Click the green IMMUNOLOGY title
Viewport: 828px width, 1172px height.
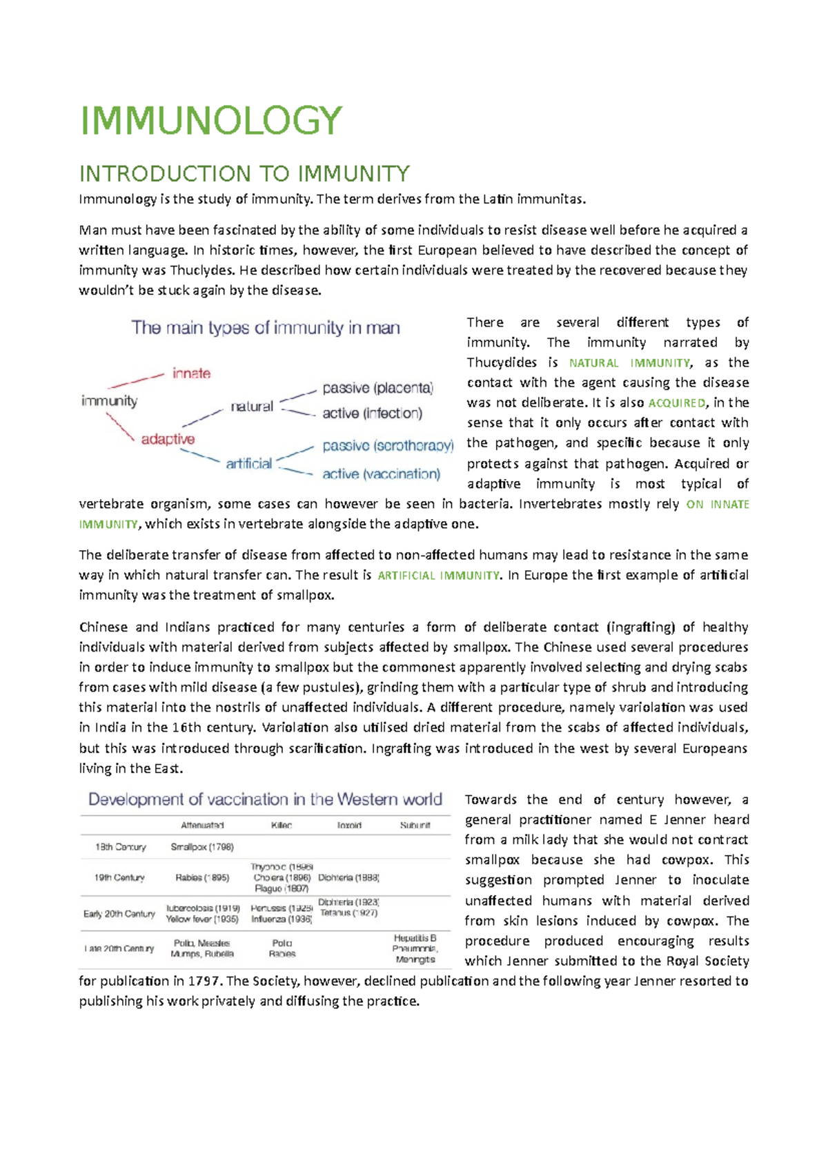click(211, 121)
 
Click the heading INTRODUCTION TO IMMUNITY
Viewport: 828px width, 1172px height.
click(244, 173)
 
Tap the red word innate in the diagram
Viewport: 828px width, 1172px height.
click(191, 373)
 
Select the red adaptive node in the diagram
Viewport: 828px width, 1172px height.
click(168, 439)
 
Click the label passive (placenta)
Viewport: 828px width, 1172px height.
click(377, 388)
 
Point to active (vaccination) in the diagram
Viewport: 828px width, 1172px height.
click(381, 474)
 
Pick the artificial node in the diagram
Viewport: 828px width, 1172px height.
click(248, 464)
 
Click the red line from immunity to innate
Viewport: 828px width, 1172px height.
click(135, 381)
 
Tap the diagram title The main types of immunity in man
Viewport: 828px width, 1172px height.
click(266, 328)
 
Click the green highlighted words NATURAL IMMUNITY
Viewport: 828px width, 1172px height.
click(629, 363)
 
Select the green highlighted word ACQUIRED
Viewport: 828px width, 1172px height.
click(677, 403)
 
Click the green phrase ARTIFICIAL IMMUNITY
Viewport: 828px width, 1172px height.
click(438, 576)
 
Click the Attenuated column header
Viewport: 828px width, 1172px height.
click(202, 826)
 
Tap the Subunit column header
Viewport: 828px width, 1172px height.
click(415, 826)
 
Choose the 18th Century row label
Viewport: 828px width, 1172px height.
click(121, 847)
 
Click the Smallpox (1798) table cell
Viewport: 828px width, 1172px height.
click(202, 847)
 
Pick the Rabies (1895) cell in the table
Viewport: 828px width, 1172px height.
click(202, 878)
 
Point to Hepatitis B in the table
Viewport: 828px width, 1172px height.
click(415, 938)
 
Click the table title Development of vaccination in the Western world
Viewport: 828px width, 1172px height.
click(265, 800)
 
